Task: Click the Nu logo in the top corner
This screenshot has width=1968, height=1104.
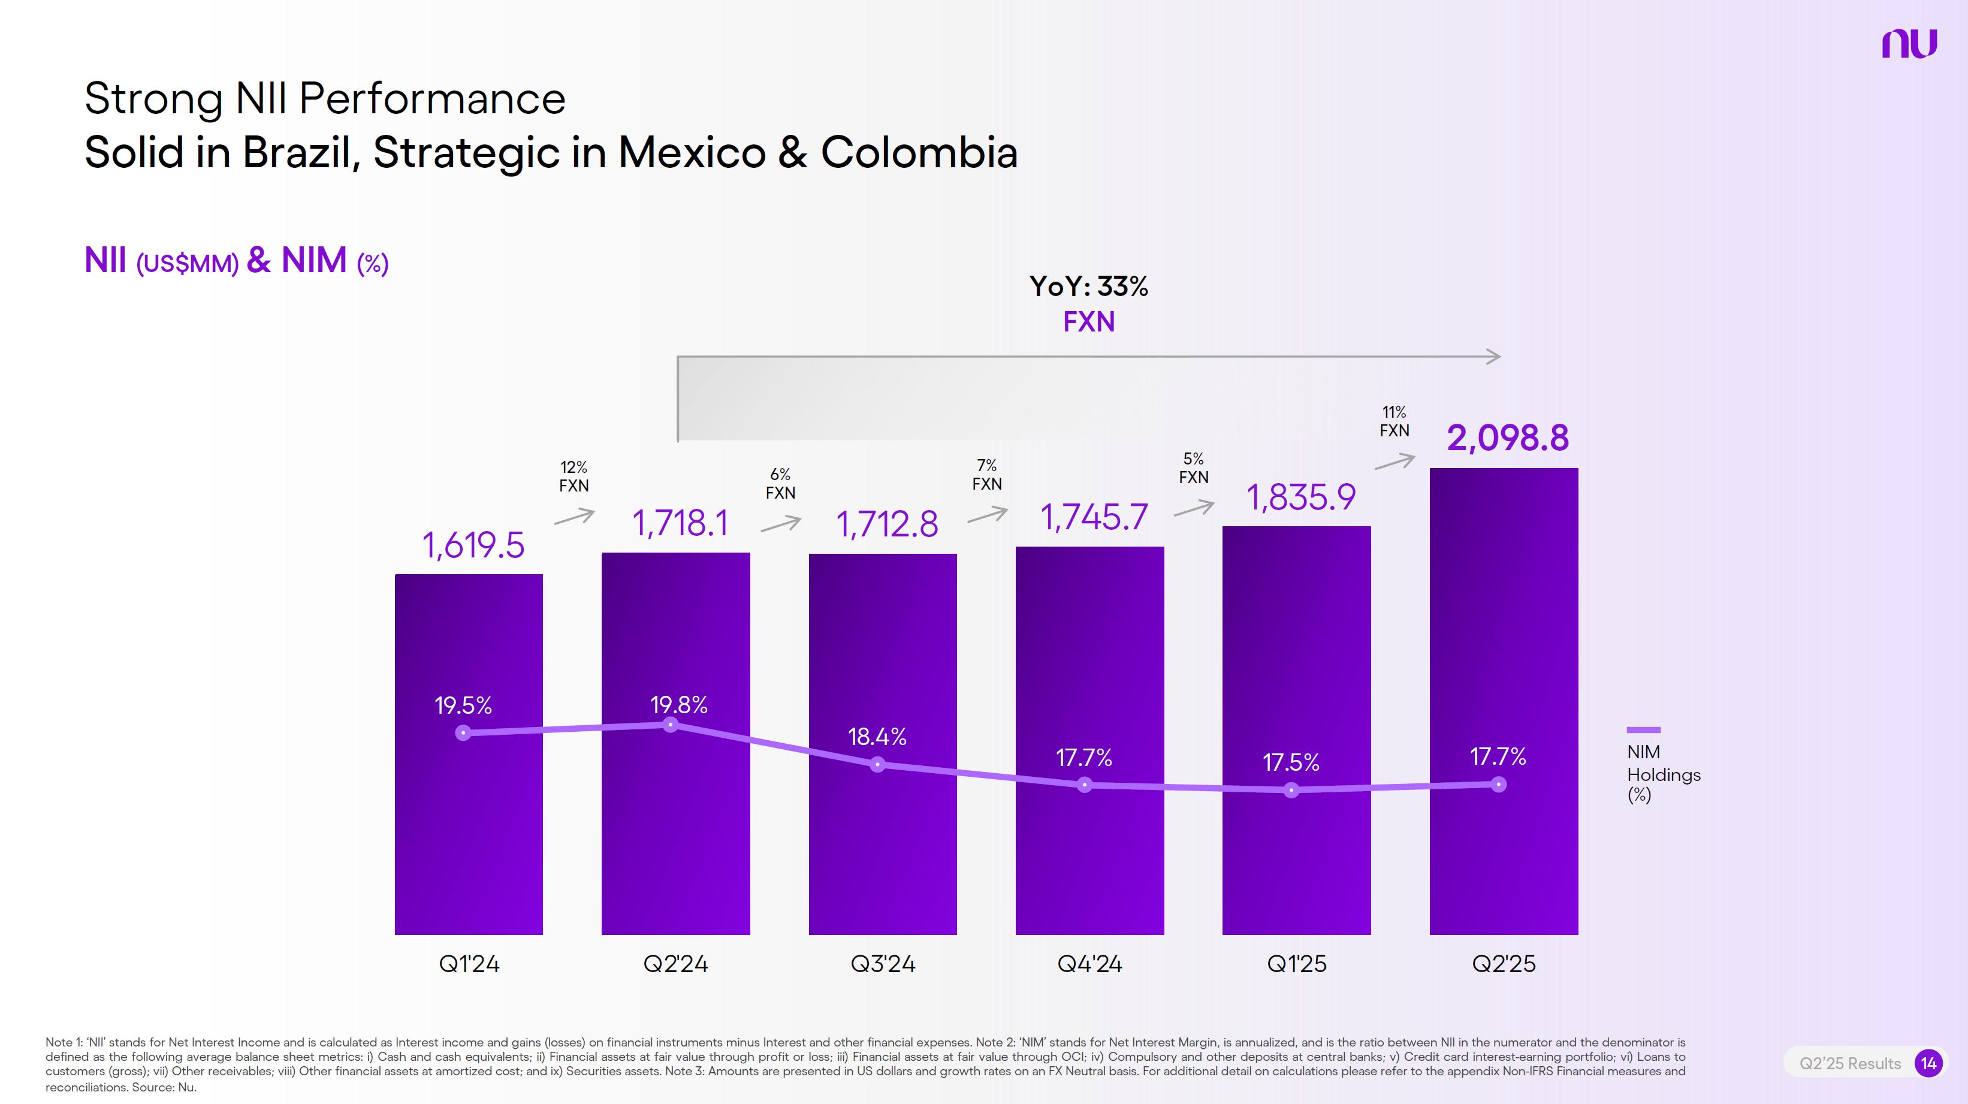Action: tap(1909, 44)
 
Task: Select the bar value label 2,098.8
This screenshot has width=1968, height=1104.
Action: tap(1507, 438)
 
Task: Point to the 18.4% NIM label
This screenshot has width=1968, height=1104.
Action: tap(877, 737)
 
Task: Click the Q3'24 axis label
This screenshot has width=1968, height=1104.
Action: tap(882, 963)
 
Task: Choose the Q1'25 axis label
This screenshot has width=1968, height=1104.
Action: tap(1296, 963)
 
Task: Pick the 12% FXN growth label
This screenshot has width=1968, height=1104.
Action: tap(574, 476)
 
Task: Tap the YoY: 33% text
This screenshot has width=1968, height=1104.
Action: tap(1089, 286)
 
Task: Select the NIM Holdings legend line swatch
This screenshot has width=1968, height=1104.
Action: tap(1643, 729)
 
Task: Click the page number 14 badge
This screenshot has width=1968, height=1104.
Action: tap(1928, 1063)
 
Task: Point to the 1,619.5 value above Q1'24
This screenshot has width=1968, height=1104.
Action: tap(473, 545)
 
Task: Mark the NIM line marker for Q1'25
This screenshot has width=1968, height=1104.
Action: tap(1291, 790)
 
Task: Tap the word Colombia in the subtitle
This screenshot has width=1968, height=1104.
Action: tap(919, 152)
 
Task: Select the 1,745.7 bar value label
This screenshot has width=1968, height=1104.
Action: tap(1094, 517)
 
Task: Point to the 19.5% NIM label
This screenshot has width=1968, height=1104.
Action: tap(463, 705)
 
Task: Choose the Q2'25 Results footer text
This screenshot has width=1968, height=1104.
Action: tap(1849, 1063)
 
